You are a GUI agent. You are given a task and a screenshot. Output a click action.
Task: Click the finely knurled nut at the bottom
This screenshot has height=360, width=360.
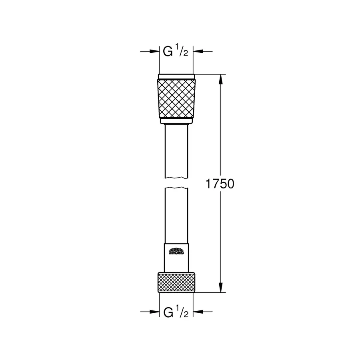(176, 282)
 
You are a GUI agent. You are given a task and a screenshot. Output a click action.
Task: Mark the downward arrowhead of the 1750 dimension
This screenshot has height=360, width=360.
(220, 288)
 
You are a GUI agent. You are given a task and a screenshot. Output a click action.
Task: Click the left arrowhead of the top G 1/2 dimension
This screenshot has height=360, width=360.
(155, 51)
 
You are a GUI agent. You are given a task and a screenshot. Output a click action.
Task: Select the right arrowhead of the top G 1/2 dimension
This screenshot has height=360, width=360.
(198, 51)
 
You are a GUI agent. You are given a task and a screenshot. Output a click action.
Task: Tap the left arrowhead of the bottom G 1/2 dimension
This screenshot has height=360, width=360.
(155, 312)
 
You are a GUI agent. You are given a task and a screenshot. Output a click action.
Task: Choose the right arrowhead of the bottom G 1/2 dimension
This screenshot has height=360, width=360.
(198, 312)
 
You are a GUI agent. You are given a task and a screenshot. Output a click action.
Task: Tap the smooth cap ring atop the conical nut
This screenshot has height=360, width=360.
(176, 77)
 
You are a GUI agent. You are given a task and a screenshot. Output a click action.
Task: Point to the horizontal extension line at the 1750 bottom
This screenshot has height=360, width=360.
(210, 293)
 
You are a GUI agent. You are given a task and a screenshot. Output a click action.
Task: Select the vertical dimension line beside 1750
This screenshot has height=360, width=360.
(220, 132)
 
